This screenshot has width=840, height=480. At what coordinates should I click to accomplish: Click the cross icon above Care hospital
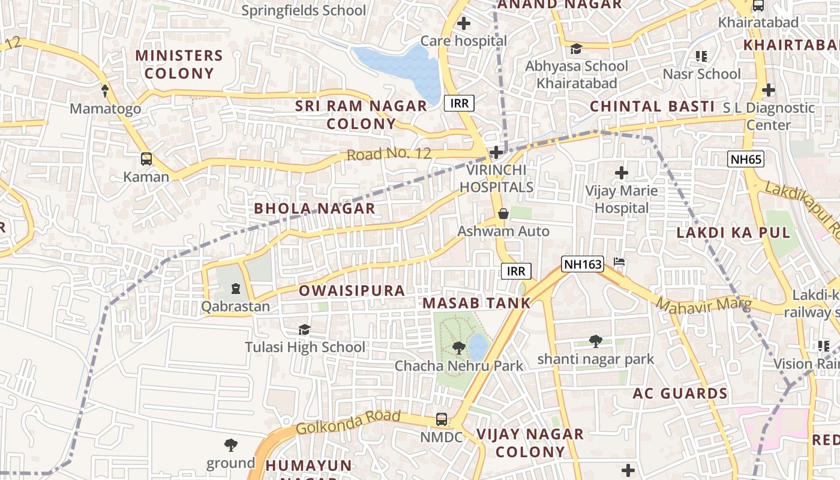coord(463,24)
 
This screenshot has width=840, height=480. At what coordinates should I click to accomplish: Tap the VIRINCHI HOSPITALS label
coord(496,179)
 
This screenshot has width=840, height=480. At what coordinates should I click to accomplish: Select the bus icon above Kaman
coord(146,159)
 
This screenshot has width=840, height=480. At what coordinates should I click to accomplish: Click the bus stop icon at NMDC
coord(442,419)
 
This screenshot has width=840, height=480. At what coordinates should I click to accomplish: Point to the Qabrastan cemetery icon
coord(235,289)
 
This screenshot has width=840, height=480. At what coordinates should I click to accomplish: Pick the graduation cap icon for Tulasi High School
coord(305,330)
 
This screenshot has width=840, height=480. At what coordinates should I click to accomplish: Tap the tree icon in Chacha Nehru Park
coord(459,347)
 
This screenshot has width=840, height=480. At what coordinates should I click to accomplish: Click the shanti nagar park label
coord(595,359)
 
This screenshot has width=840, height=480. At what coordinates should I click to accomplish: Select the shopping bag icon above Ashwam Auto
coord(503,214)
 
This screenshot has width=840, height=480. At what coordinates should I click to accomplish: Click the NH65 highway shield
coord(745,159)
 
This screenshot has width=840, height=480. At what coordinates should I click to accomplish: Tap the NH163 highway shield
coord(582,264)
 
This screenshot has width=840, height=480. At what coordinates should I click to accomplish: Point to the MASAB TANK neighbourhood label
coord(476,303)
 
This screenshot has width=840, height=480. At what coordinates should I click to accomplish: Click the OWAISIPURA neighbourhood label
coord(352,291)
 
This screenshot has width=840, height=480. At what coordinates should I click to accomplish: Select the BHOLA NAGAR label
coord(314,209)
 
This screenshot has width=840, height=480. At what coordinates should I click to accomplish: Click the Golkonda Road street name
coord(348,422)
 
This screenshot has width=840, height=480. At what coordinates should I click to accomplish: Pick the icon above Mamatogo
coord(106,91)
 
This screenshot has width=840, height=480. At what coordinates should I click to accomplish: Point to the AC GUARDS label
coord(680,394)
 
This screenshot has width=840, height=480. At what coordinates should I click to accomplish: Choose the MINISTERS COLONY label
coord(179,64)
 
